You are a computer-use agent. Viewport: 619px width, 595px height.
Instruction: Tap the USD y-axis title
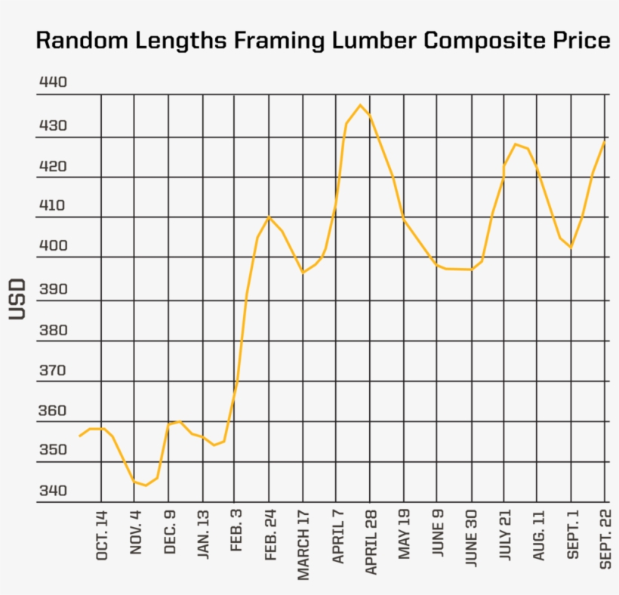(18, 299)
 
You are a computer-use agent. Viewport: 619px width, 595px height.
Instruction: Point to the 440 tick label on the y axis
(52, 82)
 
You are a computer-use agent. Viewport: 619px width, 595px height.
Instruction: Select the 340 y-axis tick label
(52, 491)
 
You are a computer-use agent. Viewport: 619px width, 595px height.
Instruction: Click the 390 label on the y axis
(52, 289)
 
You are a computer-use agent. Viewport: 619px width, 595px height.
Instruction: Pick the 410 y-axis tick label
(52, 205)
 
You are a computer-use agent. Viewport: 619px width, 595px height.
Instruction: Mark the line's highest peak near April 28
(360, 105)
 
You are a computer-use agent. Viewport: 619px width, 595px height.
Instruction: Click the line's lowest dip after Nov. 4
(146, 485)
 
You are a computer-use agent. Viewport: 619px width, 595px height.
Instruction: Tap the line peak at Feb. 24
(269, 217)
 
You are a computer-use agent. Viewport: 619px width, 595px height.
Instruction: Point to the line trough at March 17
(303, 272)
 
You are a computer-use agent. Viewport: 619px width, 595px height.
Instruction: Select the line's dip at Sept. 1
(571, 247)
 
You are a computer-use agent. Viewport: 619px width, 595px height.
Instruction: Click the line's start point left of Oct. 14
(79, 436)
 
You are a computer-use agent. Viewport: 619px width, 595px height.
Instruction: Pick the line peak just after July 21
(516, 144)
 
